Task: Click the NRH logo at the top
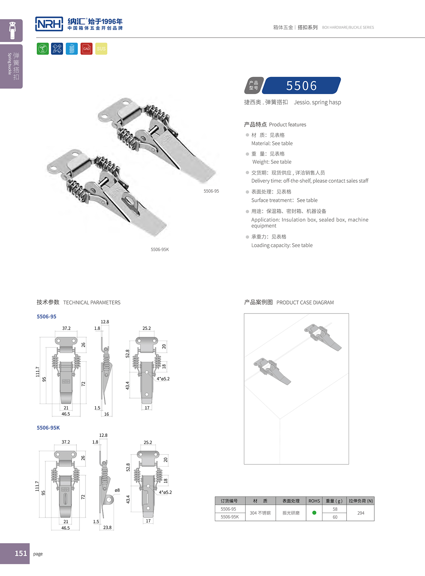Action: point(49,24)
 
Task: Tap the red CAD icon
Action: point(86,49)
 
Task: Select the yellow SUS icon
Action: point(101,49)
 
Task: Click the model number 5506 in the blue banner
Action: point(301,86)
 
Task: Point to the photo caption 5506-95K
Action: point(160,249)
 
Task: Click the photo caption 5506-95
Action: point(211,191)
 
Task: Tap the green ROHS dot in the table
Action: point(314,513)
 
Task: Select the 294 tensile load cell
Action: point(361,513)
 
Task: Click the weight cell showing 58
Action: point(335,509)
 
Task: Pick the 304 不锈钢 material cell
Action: point(260,513)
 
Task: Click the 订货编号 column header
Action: point(229,501)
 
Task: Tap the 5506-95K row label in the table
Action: point(230,517)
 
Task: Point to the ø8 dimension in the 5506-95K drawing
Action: point(117,490)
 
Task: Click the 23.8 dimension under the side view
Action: point(107,527)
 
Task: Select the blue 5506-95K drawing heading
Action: point(48,428)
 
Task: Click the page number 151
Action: point(21,553)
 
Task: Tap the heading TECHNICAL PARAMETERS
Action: point(92,303)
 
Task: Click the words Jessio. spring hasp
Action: point(317,102)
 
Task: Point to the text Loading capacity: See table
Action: point(282,245)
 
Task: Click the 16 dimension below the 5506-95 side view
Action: point(107,414)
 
